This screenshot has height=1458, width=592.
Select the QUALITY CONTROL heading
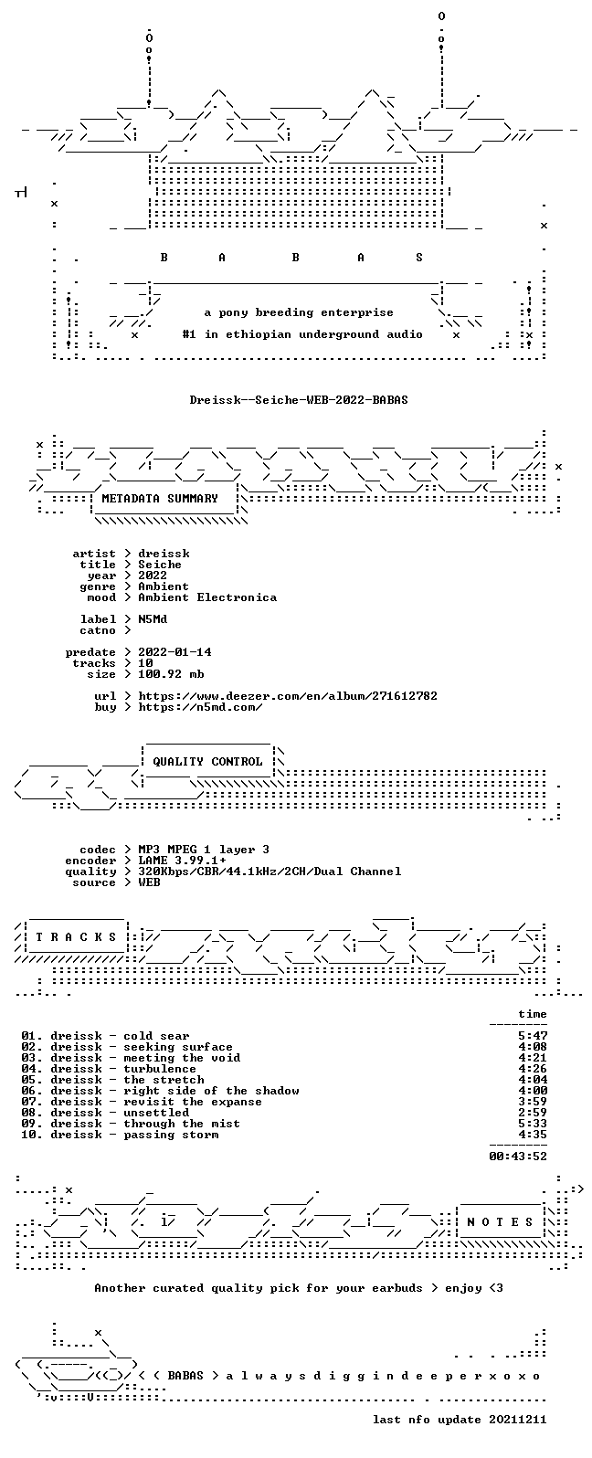207,762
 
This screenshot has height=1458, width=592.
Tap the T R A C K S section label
76,936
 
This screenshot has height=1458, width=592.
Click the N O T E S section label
500,1221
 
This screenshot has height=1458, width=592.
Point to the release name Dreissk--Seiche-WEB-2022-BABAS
299,399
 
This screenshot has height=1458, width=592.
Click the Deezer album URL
288,696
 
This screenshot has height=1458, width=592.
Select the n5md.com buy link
201,707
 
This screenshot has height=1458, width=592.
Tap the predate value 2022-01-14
174,652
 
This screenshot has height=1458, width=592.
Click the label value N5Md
153,619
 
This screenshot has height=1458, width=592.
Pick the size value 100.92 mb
171,674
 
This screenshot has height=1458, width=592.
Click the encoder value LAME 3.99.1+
182,861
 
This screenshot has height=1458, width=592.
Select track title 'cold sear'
156,1036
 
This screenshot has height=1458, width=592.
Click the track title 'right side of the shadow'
211,1091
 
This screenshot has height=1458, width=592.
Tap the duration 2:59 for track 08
533,1113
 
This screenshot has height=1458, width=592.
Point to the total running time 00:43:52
518,1157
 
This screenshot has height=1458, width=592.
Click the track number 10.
28,1135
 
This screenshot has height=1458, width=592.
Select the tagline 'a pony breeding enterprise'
299,313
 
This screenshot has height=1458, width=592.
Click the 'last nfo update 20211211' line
460,1420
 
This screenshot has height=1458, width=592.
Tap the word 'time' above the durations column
533,1014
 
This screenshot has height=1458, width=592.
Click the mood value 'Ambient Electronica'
207,597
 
